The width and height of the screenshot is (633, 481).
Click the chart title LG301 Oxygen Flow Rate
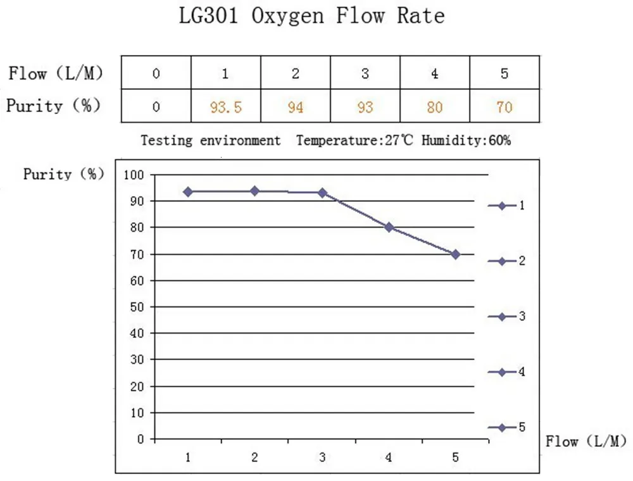(311, 15)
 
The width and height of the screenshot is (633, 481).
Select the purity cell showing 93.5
(225, 107)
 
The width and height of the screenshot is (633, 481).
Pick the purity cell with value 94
(295, 107)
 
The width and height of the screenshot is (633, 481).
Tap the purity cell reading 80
(434, 107)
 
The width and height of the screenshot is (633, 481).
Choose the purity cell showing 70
(504, 107)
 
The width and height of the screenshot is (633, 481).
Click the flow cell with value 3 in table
(365, 73)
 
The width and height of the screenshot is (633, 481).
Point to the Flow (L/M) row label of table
(56, 73)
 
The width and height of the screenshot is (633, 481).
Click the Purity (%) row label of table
(54, 106)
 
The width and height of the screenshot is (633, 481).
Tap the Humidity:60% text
(466, 141)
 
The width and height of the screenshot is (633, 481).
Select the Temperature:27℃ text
(354, 141)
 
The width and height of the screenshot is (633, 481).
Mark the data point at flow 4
(389, 227)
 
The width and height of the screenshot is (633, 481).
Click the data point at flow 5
(455, 254)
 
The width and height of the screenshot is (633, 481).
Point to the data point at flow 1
(188, 192)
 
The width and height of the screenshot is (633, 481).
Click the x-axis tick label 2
(254, 457)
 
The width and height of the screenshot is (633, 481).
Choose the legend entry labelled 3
(506, 316)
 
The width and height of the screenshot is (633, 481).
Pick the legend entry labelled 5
(506, 428)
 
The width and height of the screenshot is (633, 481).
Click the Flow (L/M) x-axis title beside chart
(586, 441)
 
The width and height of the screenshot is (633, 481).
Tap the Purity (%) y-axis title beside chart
(64, 175)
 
